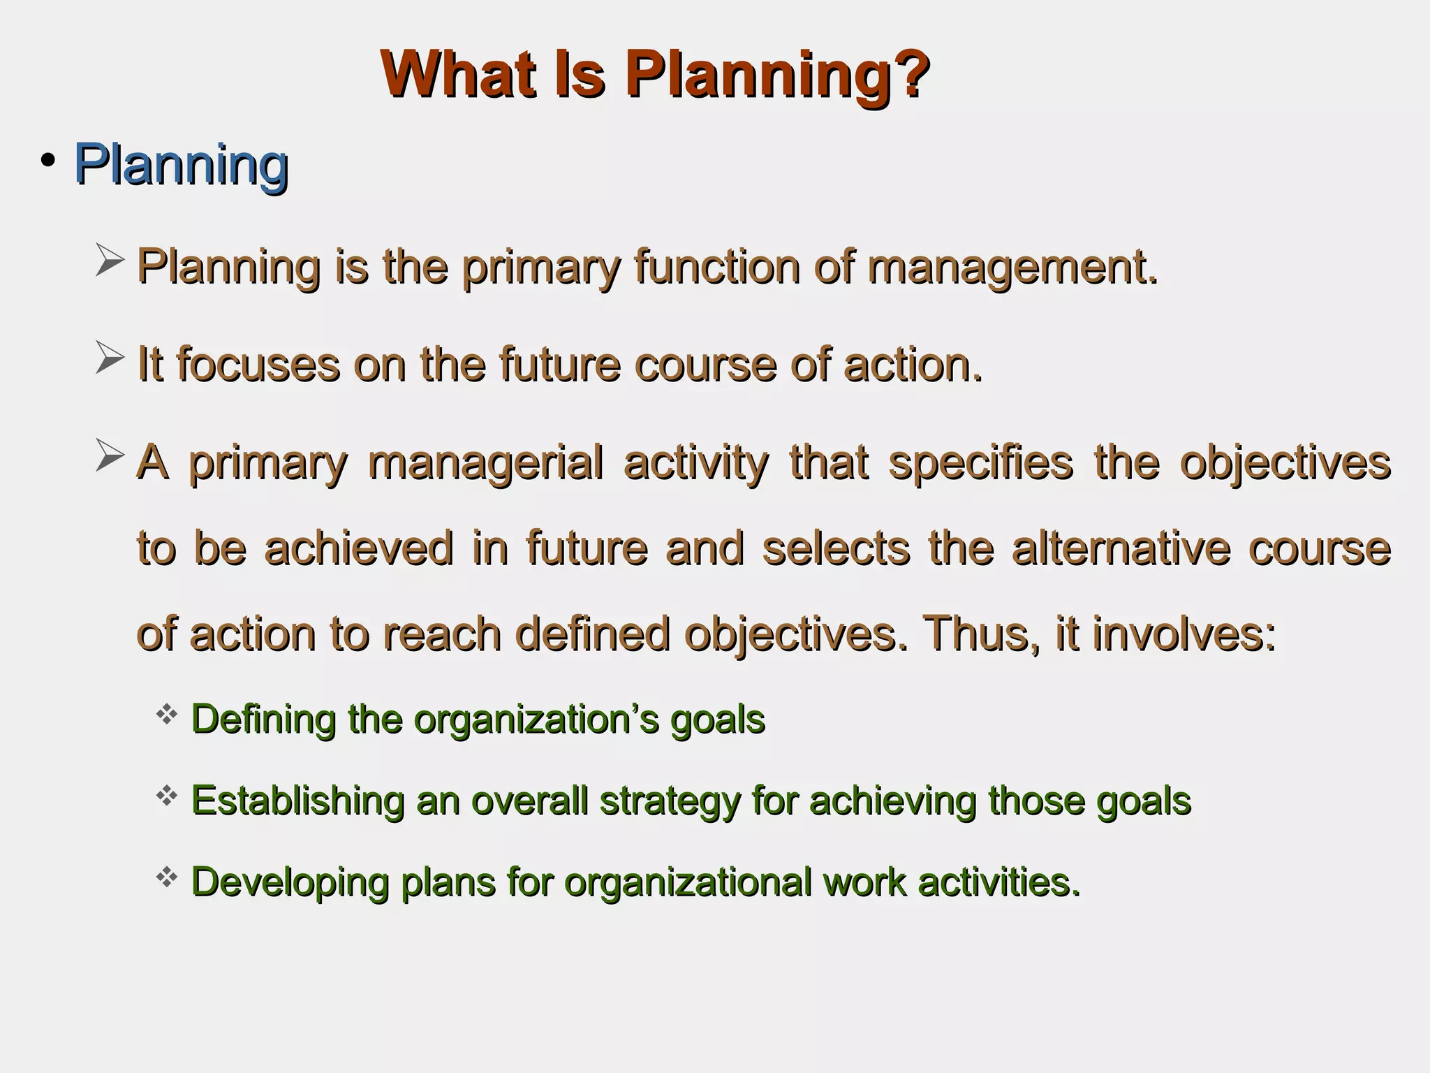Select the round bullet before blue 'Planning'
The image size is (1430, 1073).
pos(47,161)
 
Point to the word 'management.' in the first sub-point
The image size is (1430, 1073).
pos(1012,268)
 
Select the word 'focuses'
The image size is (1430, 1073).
pos(258,365)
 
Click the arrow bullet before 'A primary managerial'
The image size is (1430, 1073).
pos(110,455)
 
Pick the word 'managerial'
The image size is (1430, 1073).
pos(485,463)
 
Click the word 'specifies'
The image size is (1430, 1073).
pos(980,463)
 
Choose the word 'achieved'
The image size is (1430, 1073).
pos(359,548)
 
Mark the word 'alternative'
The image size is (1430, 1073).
pos(1121,548)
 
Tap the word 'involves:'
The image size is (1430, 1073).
pos(1184,634)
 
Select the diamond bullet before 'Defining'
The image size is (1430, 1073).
pos(166,714)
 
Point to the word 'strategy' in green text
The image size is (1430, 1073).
pos(670,801)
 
